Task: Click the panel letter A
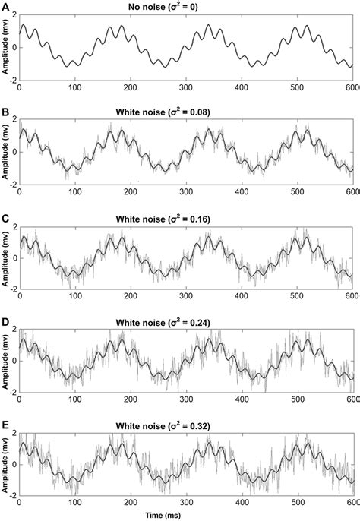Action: pos(5,7)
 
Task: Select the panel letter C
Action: pos(5,217)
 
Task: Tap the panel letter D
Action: pos(5,322)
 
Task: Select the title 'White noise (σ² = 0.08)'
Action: pos(185,112)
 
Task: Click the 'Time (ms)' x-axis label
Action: pos(185,515)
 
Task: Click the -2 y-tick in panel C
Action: pos(11,289)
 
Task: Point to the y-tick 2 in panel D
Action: pos(14,333)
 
